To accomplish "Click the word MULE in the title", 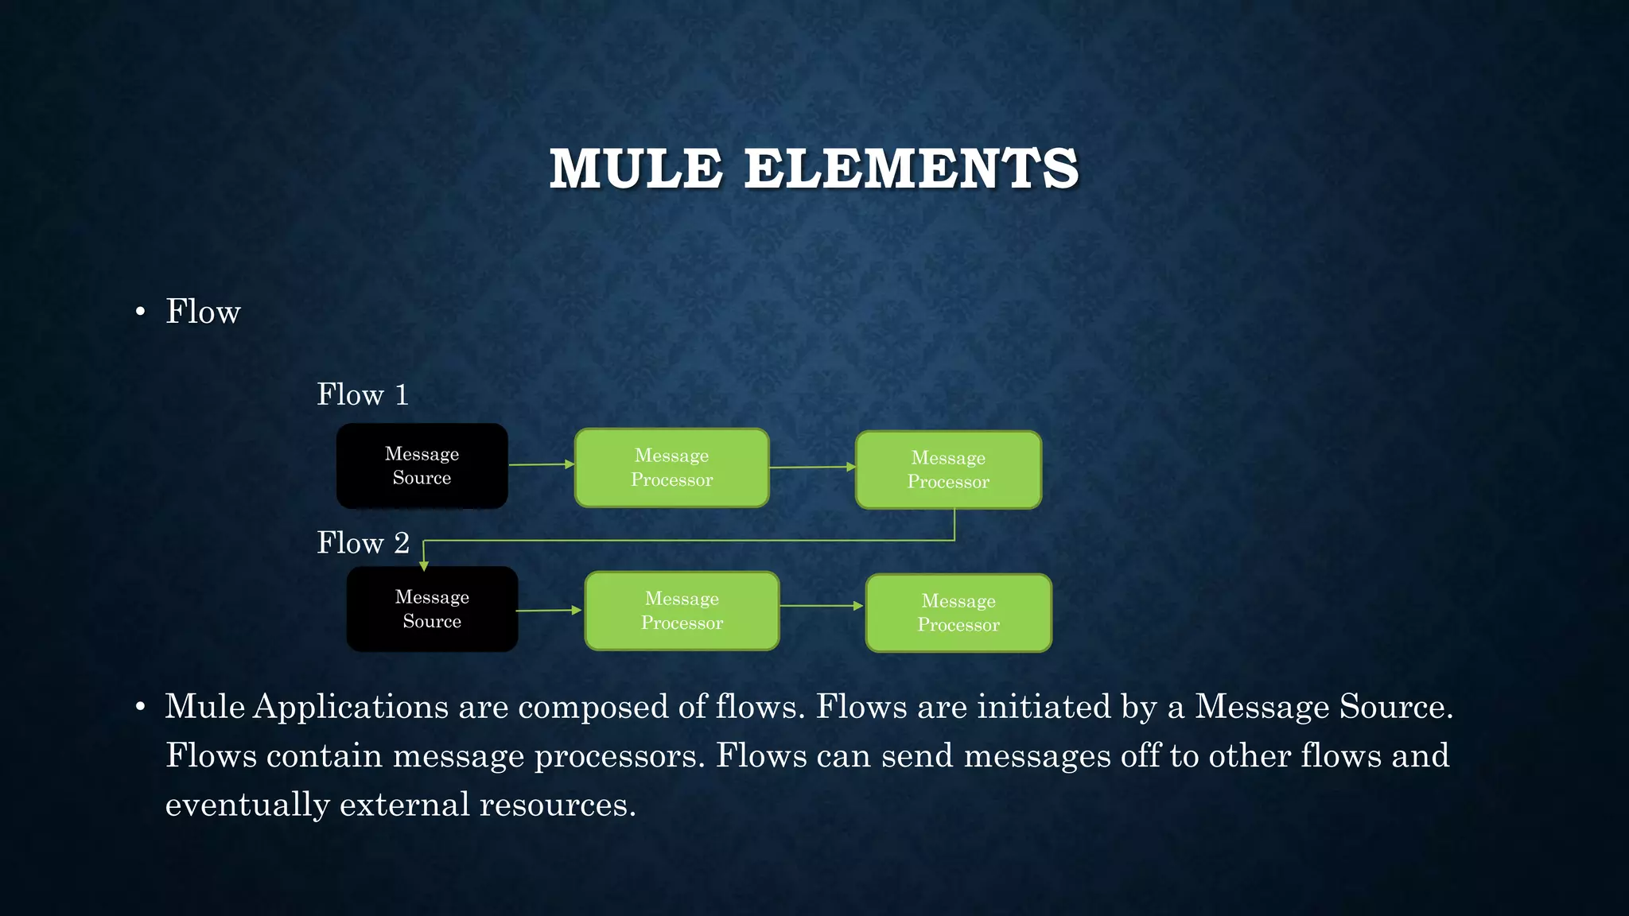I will [636, 169].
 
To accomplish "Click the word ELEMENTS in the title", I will [911, 169].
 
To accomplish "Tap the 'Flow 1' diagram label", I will [363, 394].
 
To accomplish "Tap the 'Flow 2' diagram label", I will [363, 543].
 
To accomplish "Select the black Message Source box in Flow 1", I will [422, 466].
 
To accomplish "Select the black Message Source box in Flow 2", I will [432, 609].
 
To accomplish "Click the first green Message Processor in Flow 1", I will [671, 468].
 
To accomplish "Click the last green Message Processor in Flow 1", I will [948, 470].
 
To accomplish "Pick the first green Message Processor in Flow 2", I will [682, 611].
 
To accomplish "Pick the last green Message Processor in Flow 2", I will [958, 613].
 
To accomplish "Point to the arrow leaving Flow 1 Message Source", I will [541, 464].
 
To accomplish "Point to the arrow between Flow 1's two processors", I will [812, 467].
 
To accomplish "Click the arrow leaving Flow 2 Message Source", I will [550, 611].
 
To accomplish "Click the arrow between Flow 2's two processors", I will [822, 606].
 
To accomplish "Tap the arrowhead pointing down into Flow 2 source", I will [424, 565].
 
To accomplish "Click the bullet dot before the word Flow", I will [141, 312].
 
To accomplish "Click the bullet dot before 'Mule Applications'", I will [141, 707].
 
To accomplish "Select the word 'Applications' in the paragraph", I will [351, 707].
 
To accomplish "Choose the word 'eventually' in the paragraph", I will [247, 805].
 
